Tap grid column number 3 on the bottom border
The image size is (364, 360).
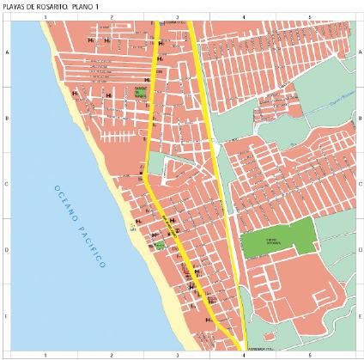(177, 354)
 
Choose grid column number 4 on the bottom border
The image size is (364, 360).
(243, 354)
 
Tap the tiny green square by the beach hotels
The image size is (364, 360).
(159, 245)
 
